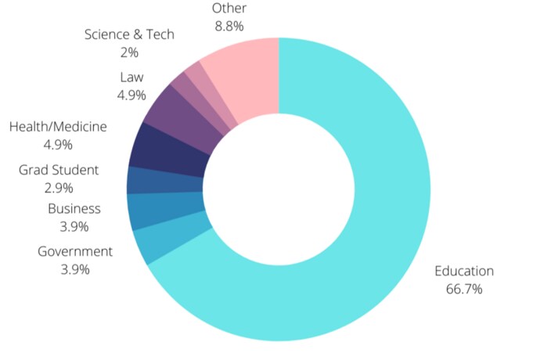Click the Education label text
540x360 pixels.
pyautogui.click(x=464, y=272)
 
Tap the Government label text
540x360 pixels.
pyautogui.click(x=75, y=251)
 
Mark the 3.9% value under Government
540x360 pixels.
pyautogui.click(x=75, y=269)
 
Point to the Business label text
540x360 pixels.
pyautogui.click(x=74, y=208)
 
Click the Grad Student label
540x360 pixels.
pyautogui.click(x=59, y=169)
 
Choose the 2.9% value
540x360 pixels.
pyautogui.click(x=59, y=188)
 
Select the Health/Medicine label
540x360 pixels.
pyautogui.click(x=58, y=126)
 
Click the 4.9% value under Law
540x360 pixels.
pyautogui.click(x=131, y=95)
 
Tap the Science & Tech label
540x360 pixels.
pyautogui.click(x=129, y=34)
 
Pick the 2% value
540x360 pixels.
pyautogui.click(x=129, y=52)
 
